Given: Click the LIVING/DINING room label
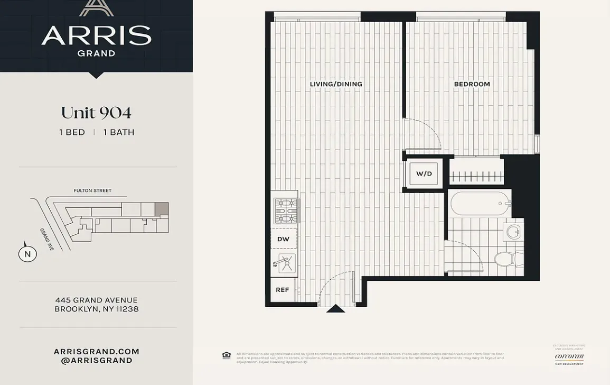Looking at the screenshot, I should (336, 84).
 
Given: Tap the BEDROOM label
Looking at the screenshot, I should (472, 84).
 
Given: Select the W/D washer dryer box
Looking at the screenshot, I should (424, 173).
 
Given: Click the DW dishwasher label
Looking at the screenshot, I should (284, 239).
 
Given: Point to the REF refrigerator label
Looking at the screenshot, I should (283, 290).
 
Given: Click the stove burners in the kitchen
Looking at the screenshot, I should (286, 210).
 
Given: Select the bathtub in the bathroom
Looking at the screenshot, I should (480, 203).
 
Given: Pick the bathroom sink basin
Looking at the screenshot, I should (513, 231).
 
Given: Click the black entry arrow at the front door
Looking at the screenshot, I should (335, 309).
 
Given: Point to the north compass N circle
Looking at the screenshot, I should (28, 254).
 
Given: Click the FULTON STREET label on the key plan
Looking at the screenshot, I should (92, 190).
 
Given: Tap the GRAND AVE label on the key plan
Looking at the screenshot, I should (46, 239).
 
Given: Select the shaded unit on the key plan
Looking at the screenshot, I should (162, 208).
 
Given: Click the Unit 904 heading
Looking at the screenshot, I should (96, 113).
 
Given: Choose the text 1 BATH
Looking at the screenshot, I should (119, 132).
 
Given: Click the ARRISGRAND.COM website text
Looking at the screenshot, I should (96, 351).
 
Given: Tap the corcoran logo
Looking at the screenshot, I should (569, 356).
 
